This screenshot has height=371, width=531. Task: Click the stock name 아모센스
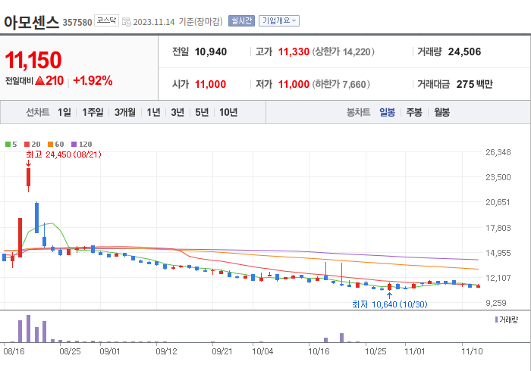(x=31, y=21)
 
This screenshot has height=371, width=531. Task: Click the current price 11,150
(x=33, y=61)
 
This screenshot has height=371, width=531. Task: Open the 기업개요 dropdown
(x=278, y=21)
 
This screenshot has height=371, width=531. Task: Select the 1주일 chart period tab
(x=93, y=112)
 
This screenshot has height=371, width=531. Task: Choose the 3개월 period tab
(x=125, y=112)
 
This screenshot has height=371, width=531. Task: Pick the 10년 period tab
(x=228, y=112)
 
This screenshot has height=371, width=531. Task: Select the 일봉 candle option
(x=387, y=112)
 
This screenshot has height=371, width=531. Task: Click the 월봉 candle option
(x=441, y=112)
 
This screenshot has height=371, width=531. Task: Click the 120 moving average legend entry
(x=83, y=144)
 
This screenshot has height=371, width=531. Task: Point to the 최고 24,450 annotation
(x=64, y=154)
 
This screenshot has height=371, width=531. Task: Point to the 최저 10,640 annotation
(x=388, y=304)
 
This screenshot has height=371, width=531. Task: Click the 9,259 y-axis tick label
(x=497, y=302)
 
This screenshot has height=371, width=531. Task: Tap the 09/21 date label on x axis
(x=222, y=351)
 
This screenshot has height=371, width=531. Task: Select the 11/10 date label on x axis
(x=472, y=351)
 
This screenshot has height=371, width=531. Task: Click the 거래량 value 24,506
(x=464, y=52)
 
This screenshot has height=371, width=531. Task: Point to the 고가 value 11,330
(x=293, y=52)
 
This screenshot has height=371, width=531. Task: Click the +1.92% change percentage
(x=93, y=80)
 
